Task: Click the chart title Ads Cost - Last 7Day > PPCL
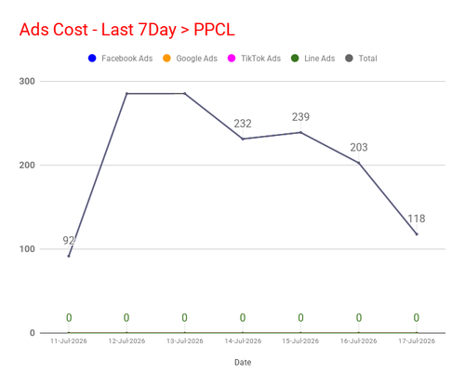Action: pyautogui.click(x=127, y=30)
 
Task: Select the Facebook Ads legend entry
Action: pyautogui.click(x=120, y=59)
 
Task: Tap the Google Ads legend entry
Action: pyautogui.click(x=190, y=59)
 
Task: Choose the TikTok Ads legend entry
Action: pyautogui.click(x=254, y=59)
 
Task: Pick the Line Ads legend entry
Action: pyautogui.click(x=313, y=59)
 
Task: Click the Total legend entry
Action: pyautogui.click(x=361, y=59)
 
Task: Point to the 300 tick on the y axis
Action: pyautogui.click(x=27, y=81)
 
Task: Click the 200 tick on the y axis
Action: pyautogui.click(x=27, y=165)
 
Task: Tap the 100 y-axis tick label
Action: pyautogui.click(x=27, y=249)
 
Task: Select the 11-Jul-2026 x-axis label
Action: pyautogui.click(x=69, y=341)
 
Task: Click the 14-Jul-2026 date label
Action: pyautogui.click(x=243, y=341)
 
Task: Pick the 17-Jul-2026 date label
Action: pyautogui.click(x=417, y=341)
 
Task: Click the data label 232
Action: pyautogui.click(x=243, y=124)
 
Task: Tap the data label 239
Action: pyautogui.click(x=300, y=117)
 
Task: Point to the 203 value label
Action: pyautogui.click(x=359, y=147)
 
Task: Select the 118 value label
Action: pyautogui.click(x=417, y=219)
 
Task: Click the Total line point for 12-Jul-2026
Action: pyautogui.click(x=126, y=93)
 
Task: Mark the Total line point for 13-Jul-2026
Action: pyautogui.click(x=185, y=93)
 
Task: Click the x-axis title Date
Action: pyautogui.click(x=243, y=362)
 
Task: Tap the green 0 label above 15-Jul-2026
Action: pyautogui.click(x=300, y=318)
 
